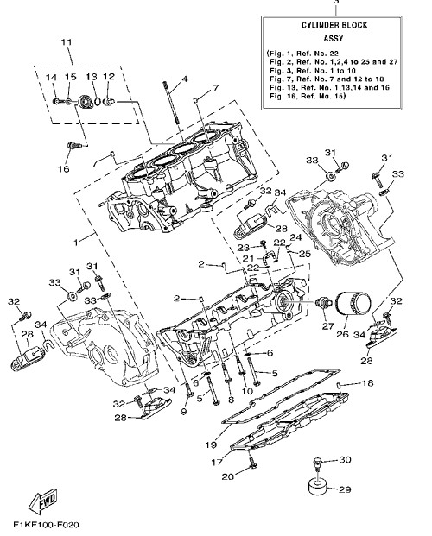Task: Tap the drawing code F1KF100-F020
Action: (x=46, y=525)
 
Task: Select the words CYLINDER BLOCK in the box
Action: (x=334, y=25)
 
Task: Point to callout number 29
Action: (x=345, y=489)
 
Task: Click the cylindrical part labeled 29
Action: (x=317, y=487)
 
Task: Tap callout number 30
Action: (x=345, y=460)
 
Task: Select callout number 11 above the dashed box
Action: (x=67, y=42)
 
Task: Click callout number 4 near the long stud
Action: (x=185, y=79)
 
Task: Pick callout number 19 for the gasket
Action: (x=211, y=445)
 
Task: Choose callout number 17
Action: (x=217, y=463)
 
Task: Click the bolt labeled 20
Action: (x=252, y=463)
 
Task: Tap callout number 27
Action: (x=327, y=326)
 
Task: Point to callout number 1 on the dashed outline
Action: (x=76, y=242)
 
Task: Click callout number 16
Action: (x=64, y=169)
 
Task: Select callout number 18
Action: (x=368, y=383)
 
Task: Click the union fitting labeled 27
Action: (x=323, y=303)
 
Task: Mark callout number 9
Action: (x=184, y=411)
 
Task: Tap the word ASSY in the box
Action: (x=334, y=39)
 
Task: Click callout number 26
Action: (x=342, y=334)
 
